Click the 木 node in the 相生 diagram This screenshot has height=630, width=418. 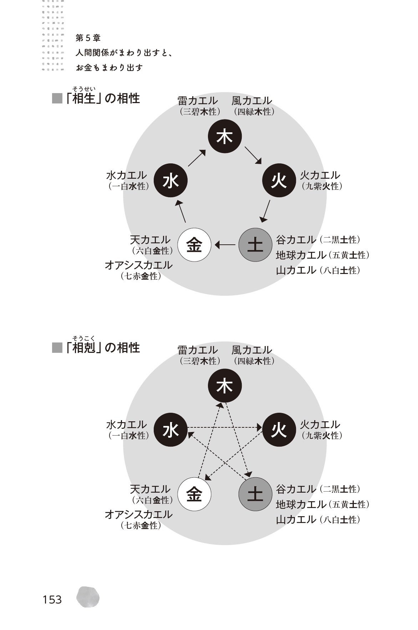point(225,137)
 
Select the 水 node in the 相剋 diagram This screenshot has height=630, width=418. point(170,430)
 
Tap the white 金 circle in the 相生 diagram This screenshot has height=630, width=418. point(194,245)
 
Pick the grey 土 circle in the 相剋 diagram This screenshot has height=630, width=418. point(255,494)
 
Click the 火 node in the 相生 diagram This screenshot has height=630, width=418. point(279,181)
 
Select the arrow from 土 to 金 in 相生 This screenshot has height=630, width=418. point(225,245)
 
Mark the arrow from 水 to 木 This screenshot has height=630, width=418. point(197,158)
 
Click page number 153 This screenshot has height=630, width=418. point(52,599)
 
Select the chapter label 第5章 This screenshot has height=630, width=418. point(88,38)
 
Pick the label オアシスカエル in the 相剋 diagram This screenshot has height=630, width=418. point(138,514)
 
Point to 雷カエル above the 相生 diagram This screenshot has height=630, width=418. point(198,101)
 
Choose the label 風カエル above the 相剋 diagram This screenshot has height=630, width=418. point(251,350)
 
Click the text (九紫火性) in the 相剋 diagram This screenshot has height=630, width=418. point(321,436)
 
